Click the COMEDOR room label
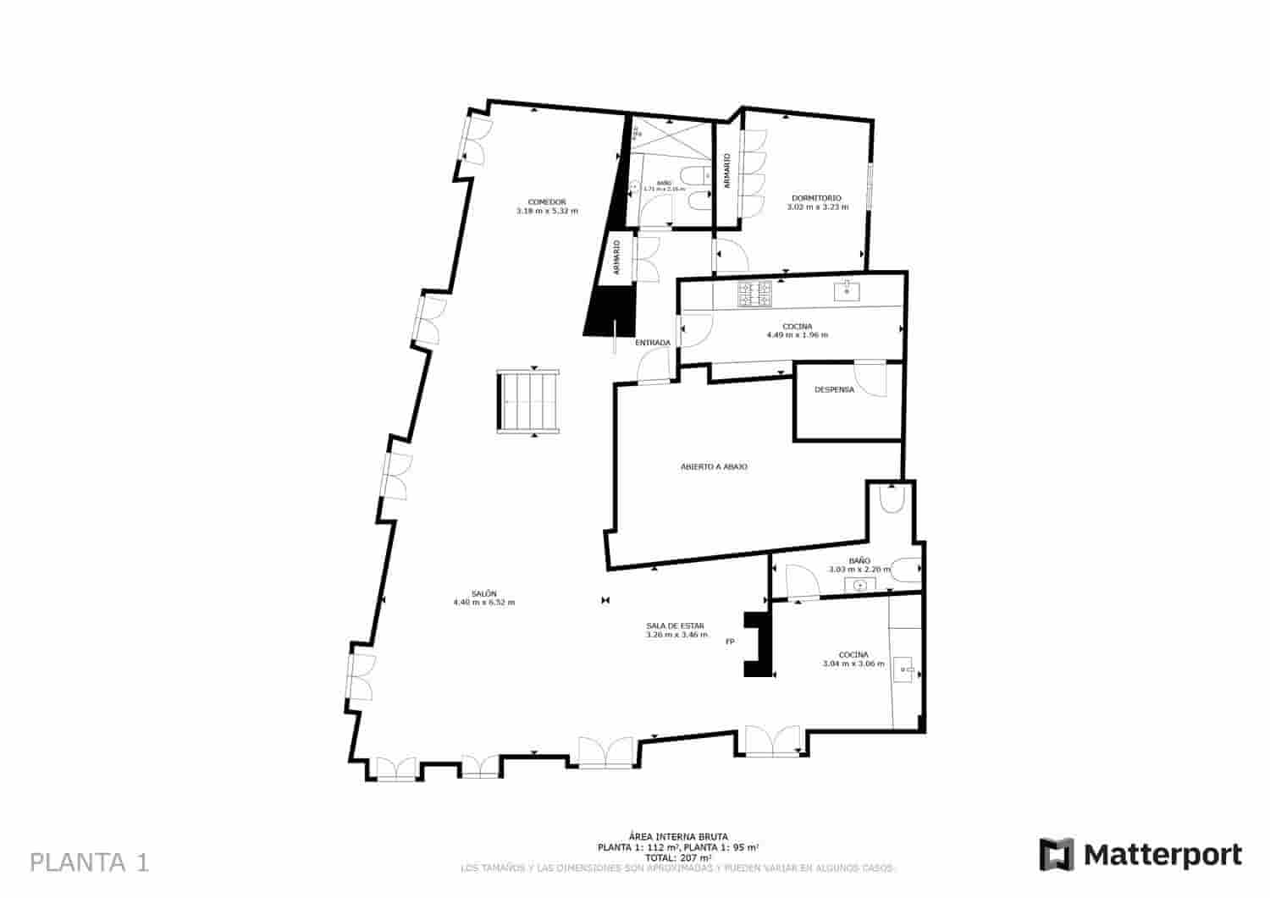(546, 201)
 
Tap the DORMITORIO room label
(817, 198)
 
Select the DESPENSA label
(834, 390)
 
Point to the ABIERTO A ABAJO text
(714, 466)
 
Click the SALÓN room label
(484, 593)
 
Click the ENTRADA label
(653, 343)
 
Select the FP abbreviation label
(730, 642)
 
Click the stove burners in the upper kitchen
(755, 294)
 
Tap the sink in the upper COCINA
(847, 291)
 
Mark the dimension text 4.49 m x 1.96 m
(797, 335)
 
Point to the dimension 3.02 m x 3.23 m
(817, 207)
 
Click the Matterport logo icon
(1056, 854)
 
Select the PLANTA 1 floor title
(90, 862)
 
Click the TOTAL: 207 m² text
(678, 857)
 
